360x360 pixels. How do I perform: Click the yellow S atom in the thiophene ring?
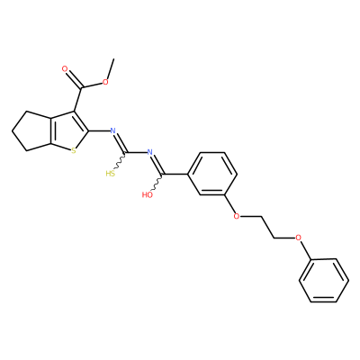tap(74, 150)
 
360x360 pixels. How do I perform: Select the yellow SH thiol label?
tap(110, 174)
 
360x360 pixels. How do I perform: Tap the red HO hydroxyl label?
tap(147, 195)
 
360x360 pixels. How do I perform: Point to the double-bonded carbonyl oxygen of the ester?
tap(65, 69)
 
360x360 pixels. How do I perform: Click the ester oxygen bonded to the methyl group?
tap(105, 82)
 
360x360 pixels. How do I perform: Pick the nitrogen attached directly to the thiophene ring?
tap(112, 130)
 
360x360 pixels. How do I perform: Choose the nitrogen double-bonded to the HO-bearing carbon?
tap(150, 152)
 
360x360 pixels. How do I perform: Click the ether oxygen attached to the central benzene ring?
tap(237, 216)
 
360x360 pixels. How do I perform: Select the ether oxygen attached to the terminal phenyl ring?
tap(298, 238)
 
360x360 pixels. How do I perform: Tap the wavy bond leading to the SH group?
tap(120, 161)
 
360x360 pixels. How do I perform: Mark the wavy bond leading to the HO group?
tap(157, 183)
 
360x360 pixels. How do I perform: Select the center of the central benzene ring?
tap(212, 174)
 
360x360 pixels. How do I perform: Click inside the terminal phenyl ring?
tap(324, 280)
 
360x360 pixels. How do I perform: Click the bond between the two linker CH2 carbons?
tap(267, 227)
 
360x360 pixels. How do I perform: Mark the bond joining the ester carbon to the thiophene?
tap(77, 100)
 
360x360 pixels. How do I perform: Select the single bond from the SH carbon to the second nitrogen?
tap(136, 152)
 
